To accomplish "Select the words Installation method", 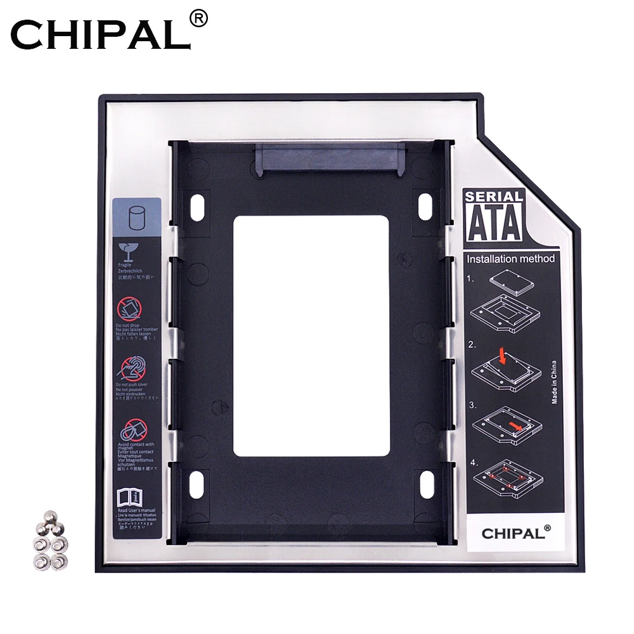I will click(510, 259).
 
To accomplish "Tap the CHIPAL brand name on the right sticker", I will click(511, 533).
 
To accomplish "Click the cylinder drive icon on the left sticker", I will click(136, 219).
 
